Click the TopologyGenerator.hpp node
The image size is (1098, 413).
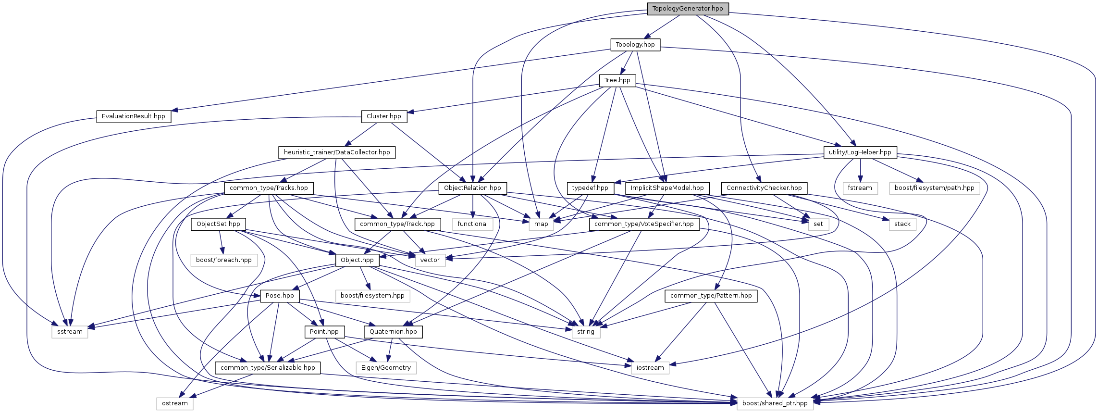coord(688,9)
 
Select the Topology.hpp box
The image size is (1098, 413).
coord(635,45)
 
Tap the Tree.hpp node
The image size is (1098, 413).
coord(617,80)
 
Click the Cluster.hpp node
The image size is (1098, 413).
coord(384,116)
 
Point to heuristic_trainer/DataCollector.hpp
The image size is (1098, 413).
coord(337,152)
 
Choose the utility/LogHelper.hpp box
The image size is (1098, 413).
coord(860,152)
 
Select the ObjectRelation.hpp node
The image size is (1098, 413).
coord(472,188)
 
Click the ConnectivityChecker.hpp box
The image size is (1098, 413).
coord(764,188)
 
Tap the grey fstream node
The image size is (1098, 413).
coord(860,188)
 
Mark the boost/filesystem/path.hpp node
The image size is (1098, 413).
coord(935,188)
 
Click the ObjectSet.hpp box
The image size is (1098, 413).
coord(218,224)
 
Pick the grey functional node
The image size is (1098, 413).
coord(473,224)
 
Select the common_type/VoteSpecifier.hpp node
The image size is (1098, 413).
coord(644,224)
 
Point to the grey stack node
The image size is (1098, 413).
coord(902,224)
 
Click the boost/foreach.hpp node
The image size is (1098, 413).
coord(224,260)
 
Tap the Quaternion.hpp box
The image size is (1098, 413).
coord(394,332)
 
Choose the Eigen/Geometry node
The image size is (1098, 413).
coord(386,368)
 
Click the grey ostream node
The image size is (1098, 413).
coord(175,403)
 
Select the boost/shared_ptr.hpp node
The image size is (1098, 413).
coord(775,403)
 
